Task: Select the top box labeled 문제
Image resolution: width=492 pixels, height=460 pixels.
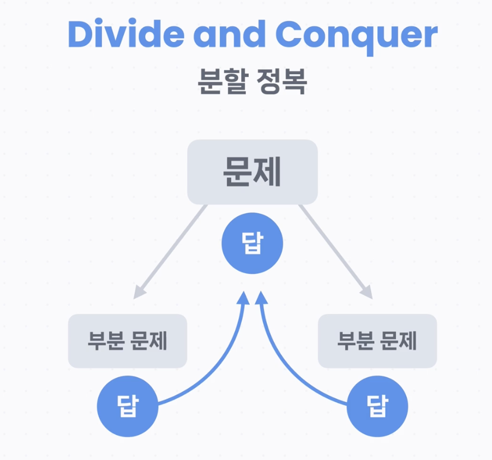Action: (252, 172)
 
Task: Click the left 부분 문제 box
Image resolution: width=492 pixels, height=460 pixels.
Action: (127, 341)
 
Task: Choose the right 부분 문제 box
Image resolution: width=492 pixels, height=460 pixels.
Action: (377, 341)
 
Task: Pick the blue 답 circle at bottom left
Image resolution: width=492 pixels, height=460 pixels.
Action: (127, 407)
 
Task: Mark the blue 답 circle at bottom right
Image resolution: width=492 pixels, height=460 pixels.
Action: (377, 407)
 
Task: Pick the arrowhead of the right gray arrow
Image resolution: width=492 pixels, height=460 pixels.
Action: (366, 293)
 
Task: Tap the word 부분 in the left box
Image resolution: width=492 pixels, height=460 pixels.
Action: (102, 341)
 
